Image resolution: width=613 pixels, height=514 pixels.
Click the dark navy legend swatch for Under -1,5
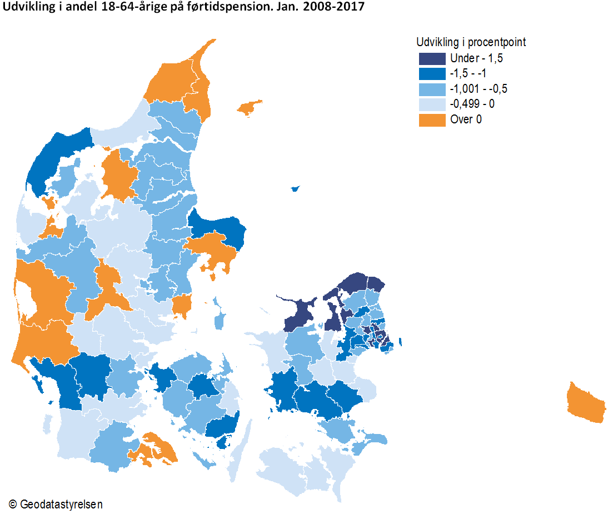[x=432, y=58]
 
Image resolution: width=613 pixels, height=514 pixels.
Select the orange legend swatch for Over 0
[x=432, y=119]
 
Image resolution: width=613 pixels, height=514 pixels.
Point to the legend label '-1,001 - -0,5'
[x=479, y=89]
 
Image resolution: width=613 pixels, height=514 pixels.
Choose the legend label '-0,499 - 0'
[x=474, y=104]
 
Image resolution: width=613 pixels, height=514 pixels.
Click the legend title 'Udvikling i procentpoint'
[x=471, y=42]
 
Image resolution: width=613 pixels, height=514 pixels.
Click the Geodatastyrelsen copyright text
[x=56, y=504]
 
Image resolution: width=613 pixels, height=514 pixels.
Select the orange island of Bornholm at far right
[x=587, y=403]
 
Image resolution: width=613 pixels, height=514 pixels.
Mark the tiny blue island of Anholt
[x=295, y=189]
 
